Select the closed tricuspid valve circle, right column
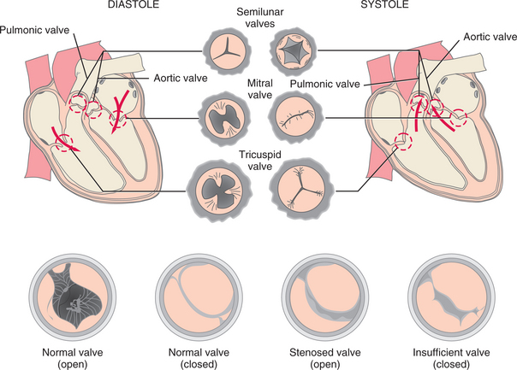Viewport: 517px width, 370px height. click(x=294, y=187)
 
